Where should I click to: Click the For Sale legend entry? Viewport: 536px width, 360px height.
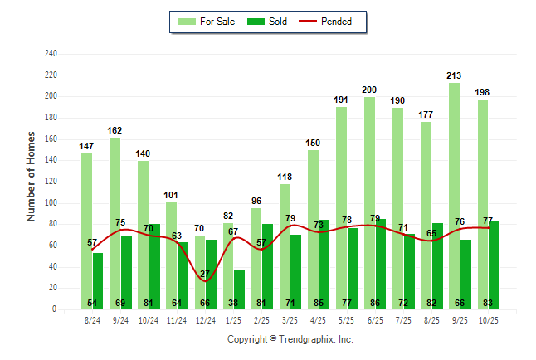coord(207,22)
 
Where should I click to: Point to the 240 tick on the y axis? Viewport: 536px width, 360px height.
coord(51,54)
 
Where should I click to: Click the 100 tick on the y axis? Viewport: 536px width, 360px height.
coord(51,203)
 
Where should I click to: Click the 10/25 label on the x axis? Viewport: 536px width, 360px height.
coord(489,319)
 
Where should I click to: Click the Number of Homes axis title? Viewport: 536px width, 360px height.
coord(31,176)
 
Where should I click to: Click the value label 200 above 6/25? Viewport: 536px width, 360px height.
coord(369,90)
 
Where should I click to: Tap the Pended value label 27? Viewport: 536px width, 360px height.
coord(205,274)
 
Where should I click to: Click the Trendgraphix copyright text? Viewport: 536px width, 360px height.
coord(290,339)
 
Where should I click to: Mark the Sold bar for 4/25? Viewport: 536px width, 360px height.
coord(324,265)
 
